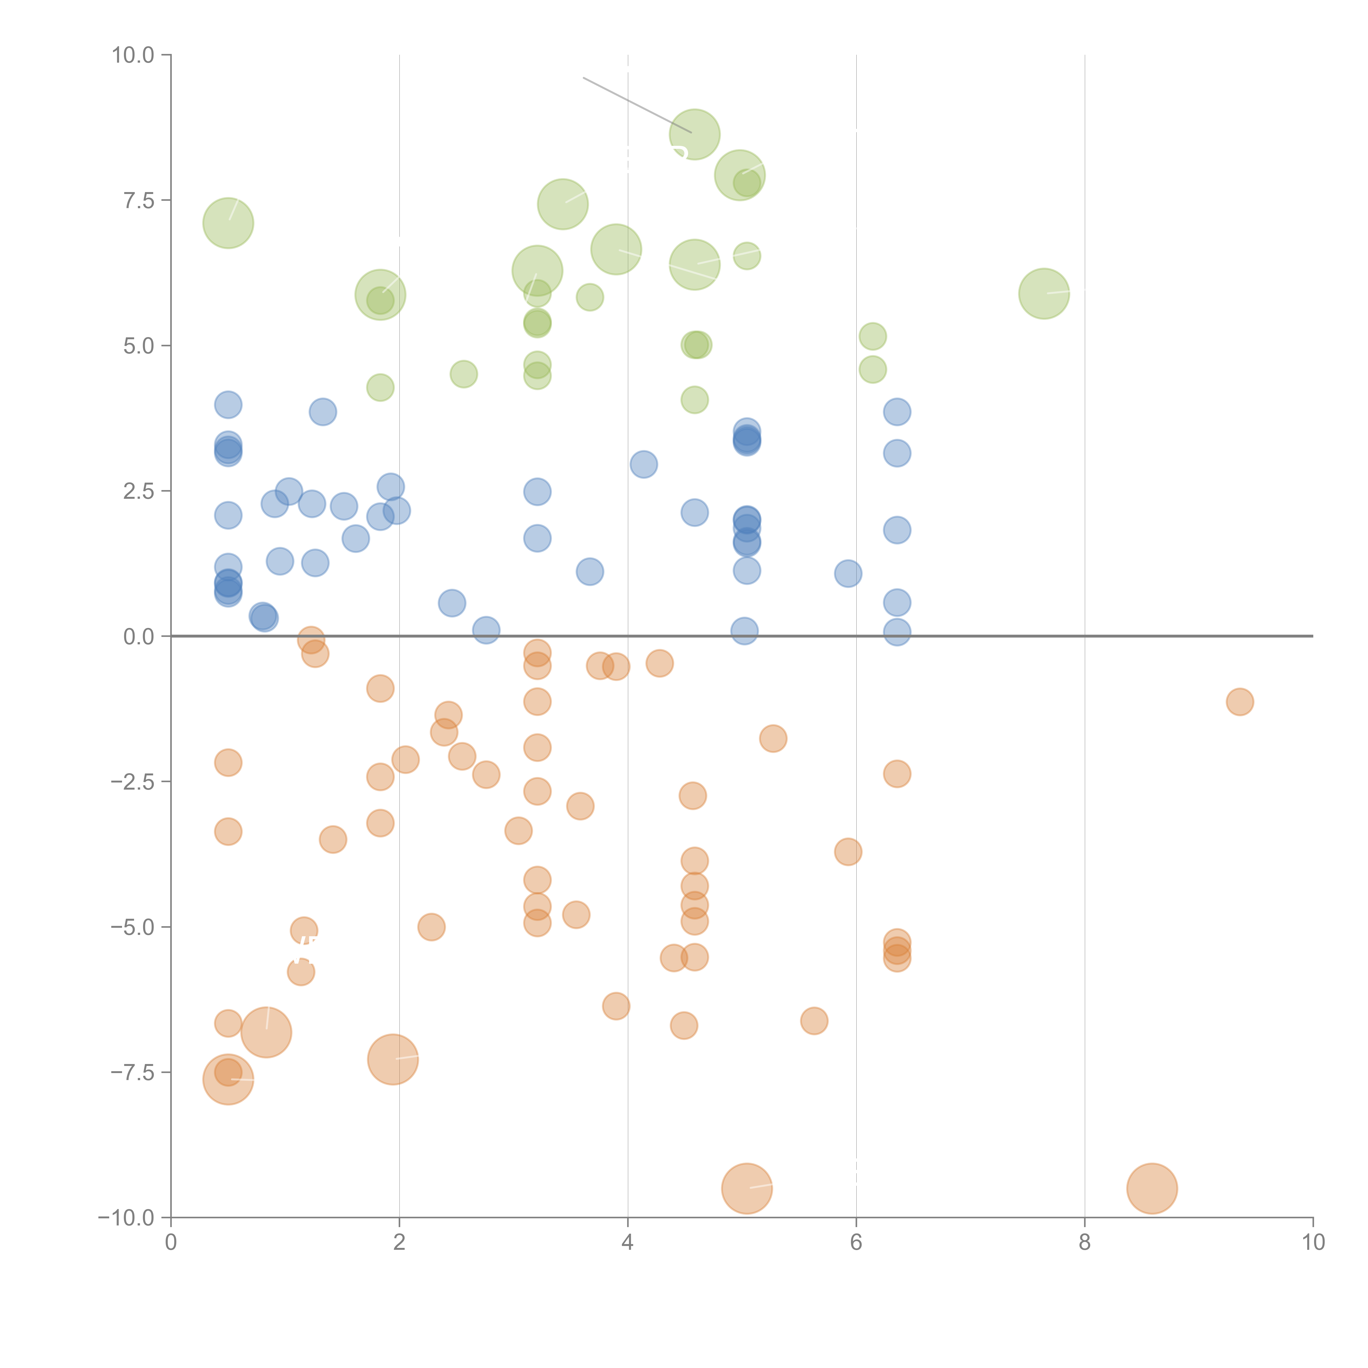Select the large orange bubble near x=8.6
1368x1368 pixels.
pyautogui.click(x=1152, y=1188)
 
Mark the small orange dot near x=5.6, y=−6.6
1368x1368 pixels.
pyautogui.click(x=814, y=1020)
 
